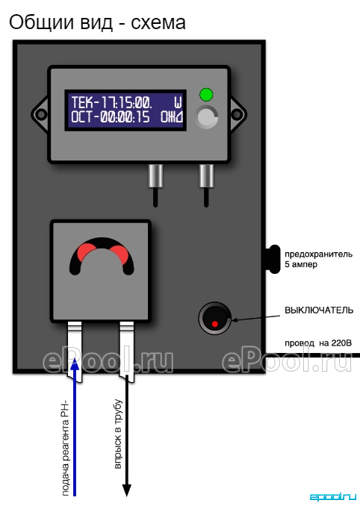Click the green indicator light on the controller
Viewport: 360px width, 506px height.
206,95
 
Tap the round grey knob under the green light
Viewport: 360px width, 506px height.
206,117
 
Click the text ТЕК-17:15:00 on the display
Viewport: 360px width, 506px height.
112,102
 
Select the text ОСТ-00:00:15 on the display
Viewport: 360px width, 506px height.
111,117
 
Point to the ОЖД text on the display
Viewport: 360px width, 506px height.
172,117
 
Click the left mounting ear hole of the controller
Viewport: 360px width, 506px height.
40,114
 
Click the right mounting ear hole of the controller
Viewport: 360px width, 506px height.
237,114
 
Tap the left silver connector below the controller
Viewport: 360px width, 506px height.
155,176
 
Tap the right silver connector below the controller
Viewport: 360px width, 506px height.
206,176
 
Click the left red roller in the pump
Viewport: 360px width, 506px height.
86,252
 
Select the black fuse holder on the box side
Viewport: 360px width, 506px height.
274,260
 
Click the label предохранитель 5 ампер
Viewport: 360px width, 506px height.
318,259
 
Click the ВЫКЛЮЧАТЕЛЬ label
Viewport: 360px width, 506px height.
319,310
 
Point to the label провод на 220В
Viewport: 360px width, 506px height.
317,343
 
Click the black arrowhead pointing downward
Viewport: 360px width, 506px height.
126,490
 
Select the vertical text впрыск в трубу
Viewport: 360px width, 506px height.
119,434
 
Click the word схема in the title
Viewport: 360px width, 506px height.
158,23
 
